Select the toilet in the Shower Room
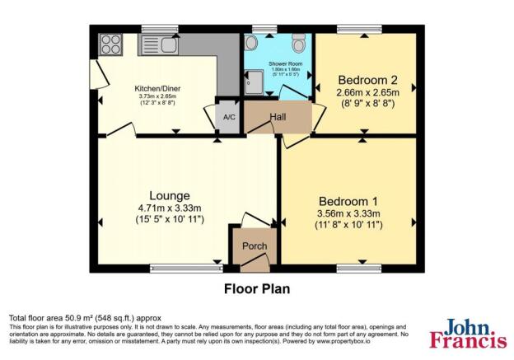pos(298,41)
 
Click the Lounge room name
pos(159,194)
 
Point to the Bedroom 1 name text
pos(348,201)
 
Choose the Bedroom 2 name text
pos(368,80)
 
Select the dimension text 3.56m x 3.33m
pos(348,213)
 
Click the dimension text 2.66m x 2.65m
pos(368,93)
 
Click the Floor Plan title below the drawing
pos(256,289)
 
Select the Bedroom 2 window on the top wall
pos(359,30)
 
